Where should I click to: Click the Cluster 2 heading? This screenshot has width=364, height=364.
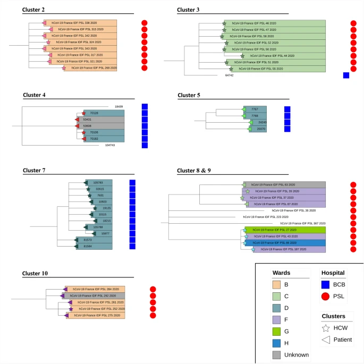[33, 10]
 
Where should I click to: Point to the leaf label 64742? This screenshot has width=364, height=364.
[229, 75]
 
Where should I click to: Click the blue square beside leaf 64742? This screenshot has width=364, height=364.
[346, 75]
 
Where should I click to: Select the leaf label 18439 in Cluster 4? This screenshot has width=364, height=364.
[118, 107]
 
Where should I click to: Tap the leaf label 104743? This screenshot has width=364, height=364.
[109, 145]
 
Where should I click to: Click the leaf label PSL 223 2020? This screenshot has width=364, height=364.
[263, 217]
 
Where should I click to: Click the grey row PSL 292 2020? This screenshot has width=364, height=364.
[94, 295]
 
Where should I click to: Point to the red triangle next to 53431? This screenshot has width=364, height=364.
[77, 120]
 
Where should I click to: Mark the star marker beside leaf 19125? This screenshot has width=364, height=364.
[95, 208]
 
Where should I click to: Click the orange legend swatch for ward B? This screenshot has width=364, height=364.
[282, 290]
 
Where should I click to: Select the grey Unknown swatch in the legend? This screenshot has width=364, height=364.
[282, 354]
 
